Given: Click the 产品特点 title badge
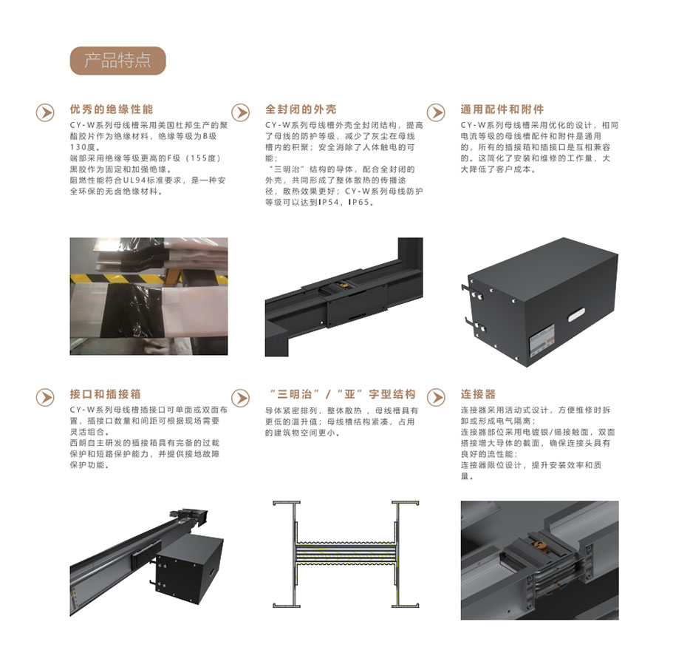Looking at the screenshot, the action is point(117,61).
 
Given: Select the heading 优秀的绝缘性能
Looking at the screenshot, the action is point(112,109).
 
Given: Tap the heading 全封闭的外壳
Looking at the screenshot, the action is point(301,109).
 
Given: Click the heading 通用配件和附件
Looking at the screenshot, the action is point(502,109).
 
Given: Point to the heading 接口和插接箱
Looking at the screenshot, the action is point(106,394).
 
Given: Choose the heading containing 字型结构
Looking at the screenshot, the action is point(342,394).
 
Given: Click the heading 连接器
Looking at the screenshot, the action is point(478,394).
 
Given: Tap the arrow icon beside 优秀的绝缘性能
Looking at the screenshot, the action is point(45,112).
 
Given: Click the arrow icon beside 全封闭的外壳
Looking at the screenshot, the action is point(240,112).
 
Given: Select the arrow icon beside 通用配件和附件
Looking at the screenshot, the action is point(436,112).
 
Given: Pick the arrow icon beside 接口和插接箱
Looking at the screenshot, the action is point(45,397).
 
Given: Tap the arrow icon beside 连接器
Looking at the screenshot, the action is point(436,397).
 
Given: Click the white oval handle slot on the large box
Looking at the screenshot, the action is point(576,314).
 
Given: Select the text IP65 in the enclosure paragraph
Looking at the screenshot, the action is point(358,203).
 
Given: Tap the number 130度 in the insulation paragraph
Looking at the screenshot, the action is point(83,147).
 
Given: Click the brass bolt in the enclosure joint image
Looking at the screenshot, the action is point(343,285).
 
